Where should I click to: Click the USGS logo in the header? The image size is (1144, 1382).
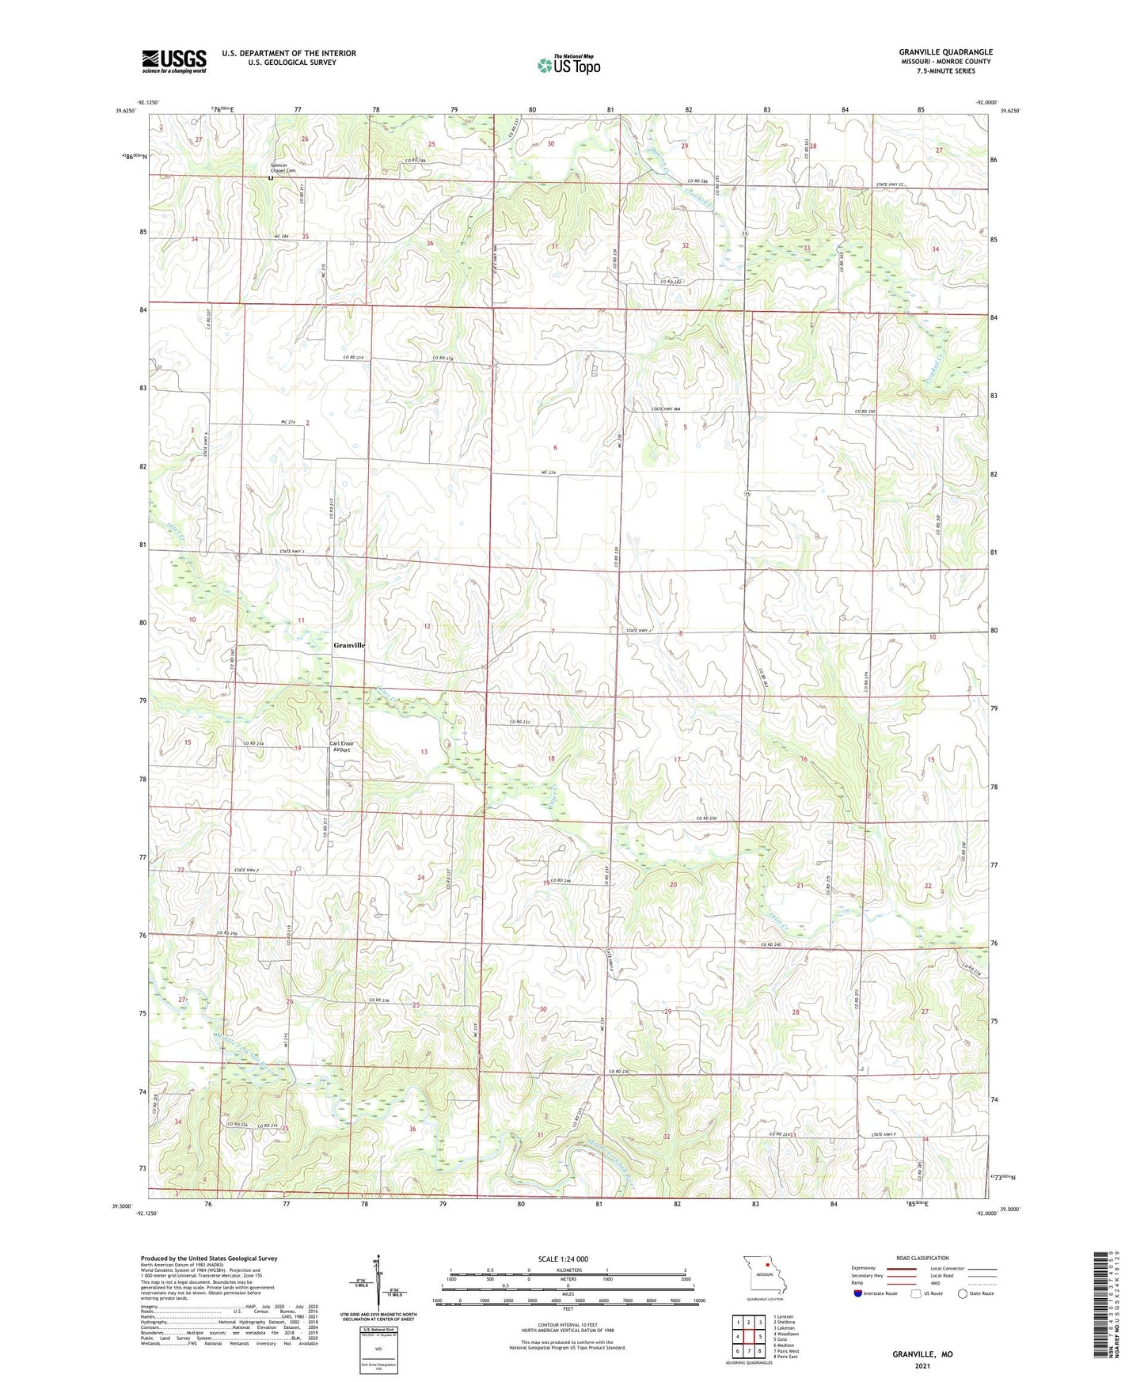[x=173, y=60]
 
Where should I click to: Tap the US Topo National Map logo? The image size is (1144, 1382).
[x=568, y=65]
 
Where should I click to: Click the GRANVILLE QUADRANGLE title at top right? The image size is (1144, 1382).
[x=945, y=52]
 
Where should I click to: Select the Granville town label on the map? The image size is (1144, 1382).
[x=349, y=645]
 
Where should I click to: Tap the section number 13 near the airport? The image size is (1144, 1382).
[x=424, y=752]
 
